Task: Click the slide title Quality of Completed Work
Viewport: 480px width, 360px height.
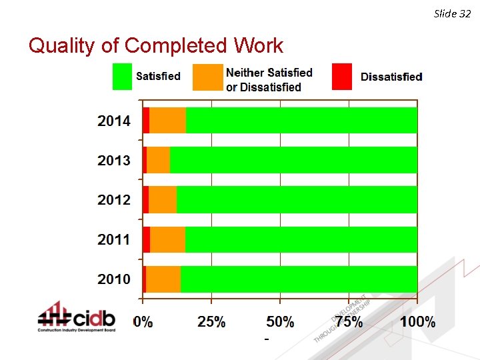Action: click(x=155, y=45)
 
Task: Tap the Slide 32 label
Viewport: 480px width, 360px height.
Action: click(x=452, y=13)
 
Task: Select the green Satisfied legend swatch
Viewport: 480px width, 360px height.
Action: click(x=123, y=76)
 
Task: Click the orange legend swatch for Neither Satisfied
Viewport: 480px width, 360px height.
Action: click(x=207, y=77)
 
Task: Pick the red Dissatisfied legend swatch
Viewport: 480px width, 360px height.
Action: click(x=342, y=76)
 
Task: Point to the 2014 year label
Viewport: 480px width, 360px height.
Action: click(x=114, y=121)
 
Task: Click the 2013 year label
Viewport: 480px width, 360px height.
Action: click(x=114, y=160)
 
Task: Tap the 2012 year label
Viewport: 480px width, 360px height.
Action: click(x=114, y=199)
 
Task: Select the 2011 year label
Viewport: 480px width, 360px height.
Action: click(x=114, y=239)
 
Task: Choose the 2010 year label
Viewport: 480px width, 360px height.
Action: click(x=114, y=279)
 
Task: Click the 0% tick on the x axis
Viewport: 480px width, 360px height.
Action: click(x=143, y=322)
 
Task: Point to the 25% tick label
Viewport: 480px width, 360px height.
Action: click(x=211, y=322)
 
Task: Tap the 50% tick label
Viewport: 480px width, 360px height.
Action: click(x=280, y=322)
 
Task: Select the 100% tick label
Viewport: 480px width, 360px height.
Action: click(x=417, y=322)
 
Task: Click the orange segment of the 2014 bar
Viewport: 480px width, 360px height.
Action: click(x=167, y=121)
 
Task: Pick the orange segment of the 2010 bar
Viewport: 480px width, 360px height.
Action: click(x=163, y=279)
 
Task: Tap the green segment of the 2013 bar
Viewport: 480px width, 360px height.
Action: click(x=293, y=160)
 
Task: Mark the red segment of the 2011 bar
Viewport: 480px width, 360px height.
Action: click(x=146, y=239)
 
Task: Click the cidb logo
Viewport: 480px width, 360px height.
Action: click(x=76, y=317)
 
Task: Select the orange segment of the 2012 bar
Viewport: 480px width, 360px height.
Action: click(x=163, y=199)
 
